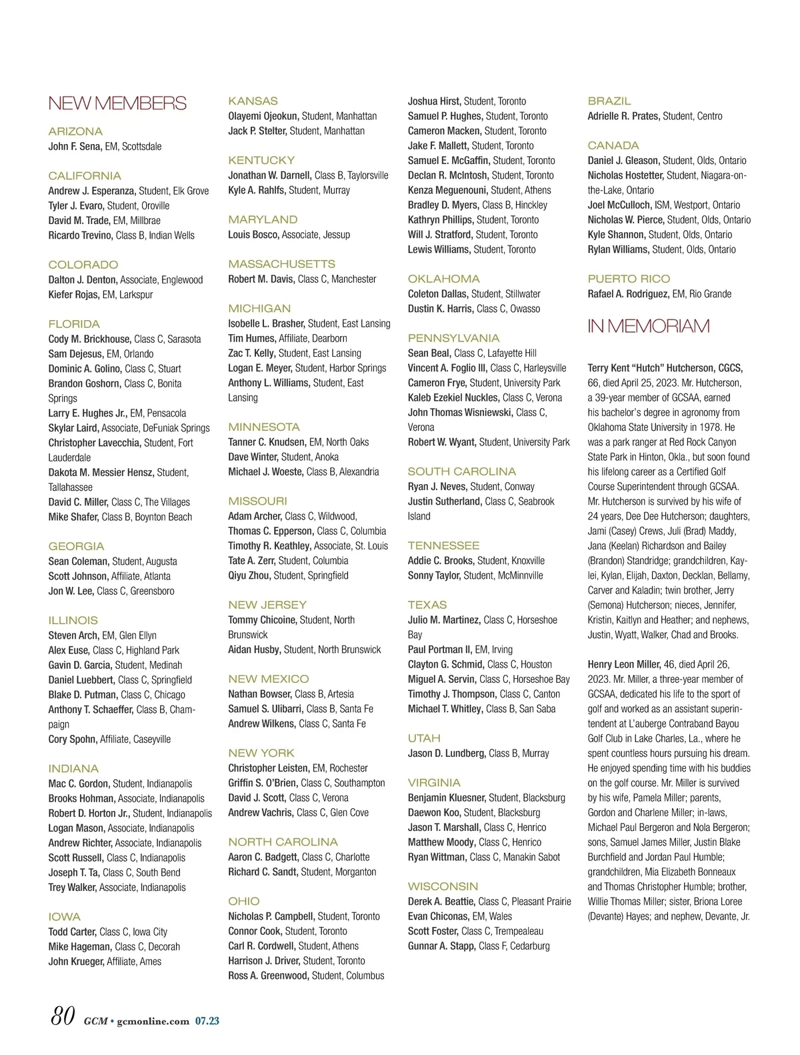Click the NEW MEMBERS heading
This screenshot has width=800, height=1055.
click(x=117, y=103)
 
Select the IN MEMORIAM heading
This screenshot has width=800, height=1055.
click(x=648, y=326)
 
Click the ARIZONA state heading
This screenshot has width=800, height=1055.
click(x=75, y=131)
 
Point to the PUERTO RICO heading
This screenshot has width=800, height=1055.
click(x=629, y=279)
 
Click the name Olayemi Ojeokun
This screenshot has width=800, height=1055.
click(x=263, y=116)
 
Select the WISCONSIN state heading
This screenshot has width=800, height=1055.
click(x=443, y=886)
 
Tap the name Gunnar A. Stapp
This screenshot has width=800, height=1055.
click(x=441, y=946)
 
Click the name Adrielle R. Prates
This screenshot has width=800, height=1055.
click(x=623, y=116)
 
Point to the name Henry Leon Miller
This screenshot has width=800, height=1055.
click(x=624, y=664)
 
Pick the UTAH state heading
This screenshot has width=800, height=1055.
click(x=424, y=738)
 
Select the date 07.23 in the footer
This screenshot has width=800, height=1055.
click(x=207, y=1021)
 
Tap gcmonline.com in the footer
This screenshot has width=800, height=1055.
click(x=153, y=1021)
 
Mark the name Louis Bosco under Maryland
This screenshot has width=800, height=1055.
click(x=253, y=235)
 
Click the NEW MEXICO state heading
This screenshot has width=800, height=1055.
click(x=268, y=679)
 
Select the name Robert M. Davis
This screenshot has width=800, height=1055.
click(x=261, y=279)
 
